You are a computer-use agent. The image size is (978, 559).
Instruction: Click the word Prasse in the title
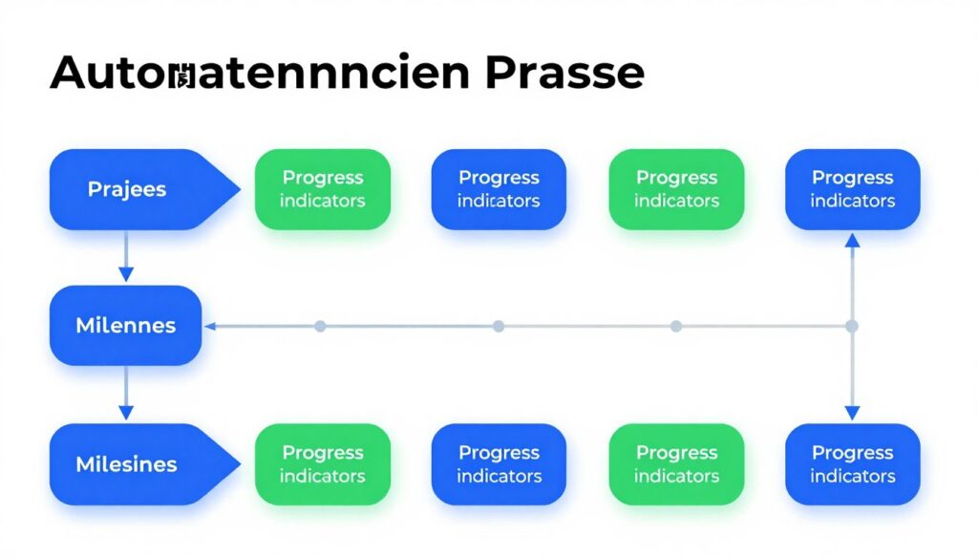(x=564, y=74)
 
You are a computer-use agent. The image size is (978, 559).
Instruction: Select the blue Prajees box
(x=134, y=189)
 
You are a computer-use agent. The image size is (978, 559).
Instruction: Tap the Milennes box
(x=125, y=325)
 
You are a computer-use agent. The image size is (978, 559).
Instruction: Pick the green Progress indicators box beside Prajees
(x=323, y=189)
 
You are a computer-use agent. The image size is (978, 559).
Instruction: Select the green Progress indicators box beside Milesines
(x=323, y=464)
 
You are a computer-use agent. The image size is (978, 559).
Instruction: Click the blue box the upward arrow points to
(x=852, y=189)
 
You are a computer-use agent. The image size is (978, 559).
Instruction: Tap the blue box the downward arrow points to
(x=852, y=464)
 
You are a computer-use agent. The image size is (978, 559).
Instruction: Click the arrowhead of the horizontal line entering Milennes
(x=211, y=326)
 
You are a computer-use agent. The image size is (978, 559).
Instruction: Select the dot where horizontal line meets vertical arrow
(x=852, y=326)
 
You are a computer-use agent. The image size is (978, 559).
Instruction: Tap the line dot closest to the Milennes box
(x=320, y=326)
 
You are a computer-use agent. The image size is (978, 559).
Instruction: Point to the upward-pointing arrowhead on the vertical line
(x=852, y=244)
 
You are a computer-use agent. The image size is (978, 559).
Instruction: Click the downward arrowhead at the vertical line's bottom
(x=852, y=412)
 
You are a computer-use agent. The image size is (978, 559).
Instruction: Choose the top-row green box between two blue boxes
(x=676, y=189)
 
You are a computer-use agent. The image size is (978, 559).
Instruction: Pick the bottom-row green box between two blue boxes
(x=676, y=464)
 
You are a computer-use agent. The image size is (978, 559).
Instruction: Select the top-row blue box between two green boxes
(x=499, y=189)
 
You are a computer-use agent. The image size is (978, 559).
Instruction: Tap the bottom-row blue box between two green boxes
(x=499, y=464)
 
